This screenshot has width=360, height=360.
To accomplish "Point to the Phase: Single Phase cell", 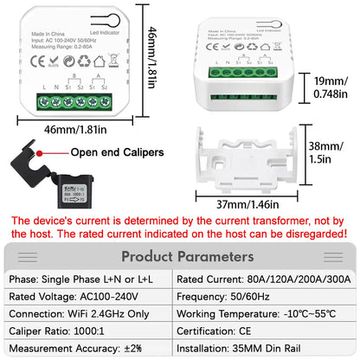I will tap(89, 278).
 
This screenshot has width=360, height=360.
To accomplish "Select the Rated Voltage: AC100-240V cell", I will tap(89, 296).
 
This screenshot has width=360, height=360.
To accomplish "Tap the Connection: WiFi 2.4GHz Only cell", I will tap(89, 313).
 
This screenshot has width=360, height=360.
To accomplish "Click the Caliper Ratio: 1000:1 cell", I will tap(89, 331).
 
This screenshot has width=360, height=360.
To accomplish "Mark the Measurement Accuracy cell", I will tap(89, 349).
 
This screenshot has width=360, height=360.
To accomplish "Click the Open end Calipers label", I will tap(116, 152).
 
